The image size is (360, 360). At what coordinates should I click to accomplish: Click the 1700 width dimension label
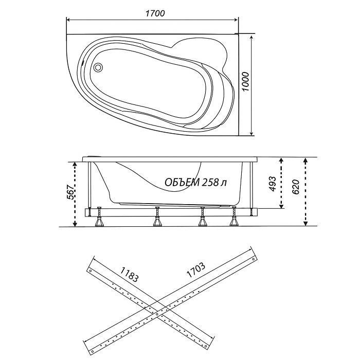155,13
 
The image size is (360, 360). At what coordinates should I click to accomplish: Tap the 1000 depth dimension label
245,81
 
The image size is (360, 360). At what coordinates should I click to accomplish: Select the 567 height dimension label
70,192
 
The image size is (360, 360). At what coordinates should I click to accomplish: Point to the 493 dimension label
273,184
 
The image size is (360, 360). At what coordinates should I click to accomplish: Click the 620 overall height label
296,187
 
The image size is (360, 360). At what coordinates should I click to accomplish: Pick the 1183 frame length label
130,274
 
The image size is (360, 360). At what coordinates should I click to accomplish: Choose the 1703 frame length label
195,269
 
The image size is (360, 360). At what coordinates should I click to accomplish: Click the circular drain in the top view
99,67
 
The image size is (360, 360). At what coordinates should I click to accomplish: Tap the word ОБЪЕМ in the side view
182,182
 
